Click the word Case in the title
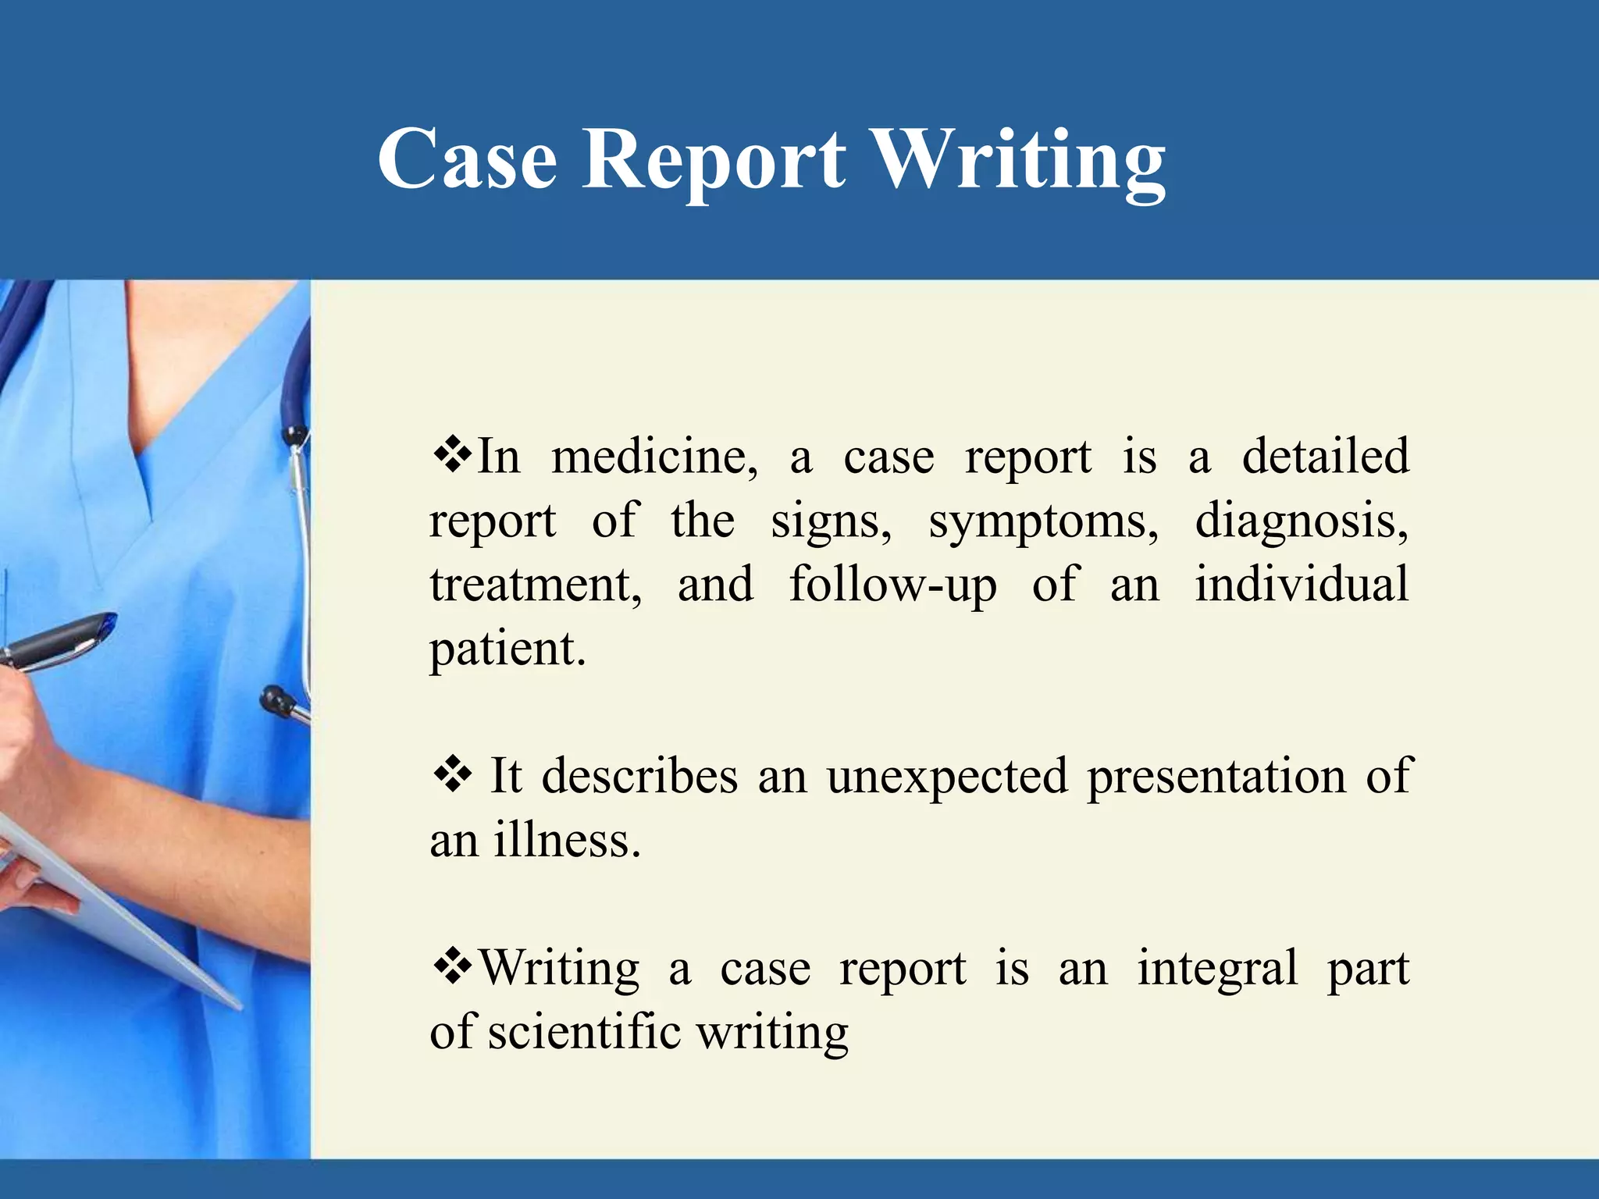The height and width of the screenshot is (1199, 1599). click(467, 159)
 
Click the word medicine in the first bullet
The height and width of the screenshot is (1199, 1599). click(654, 457)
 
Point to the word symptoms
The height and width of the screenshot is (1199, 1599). click(1043, 521)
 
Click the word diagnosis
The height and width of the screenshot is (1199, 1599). click(1302, 521)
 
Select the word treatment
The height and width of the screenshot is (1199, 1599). click(536, 585)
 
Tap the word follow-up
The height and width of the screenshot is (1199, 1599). click(892, 585)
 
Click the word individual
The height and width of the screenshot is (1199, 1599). click(1302, 585)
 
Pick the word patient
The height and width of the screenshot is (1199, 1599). click(506, 649)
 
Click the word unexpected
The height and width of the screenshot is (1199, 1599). click(947, 777)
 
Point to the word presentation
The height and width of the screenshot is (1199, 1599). click(1216, 777)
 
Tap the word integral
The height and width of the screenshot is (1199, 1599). click(1218, 969)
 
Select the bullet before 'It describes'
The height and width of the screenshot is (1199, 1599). click(452, 775)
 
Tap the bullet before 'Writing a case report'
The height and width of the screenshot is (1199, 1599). click(452, 967)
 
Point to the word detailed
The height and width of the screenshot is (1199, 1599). click(1325, 457)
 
